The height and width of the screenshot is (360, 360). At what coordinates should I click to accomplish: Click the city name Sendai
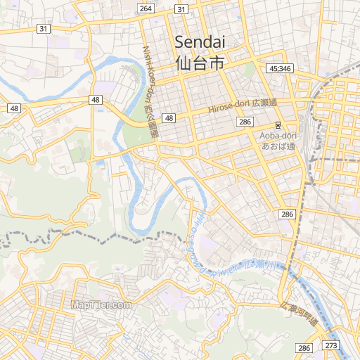[200, 41]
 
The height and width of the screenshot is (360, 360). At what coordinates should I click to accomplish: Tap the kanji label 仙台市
[200, 63]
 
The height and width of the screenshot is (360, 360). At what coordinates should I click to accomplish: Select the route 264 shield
[146, 8]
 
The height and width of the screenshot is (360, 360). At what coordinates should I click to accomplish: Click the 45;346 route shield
[280, 68]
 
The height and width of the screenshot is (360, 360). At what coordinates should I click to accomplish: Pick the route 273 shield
[331, 347]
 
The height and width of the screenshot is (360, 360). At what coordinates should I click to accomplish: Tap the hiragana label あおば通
[278, 146]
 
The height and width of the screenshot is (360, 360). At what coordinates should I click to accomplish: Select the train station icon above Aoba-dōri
[278, 125]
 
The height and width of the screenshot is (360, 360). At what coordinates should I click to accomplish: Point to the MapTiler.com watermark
[101, 304]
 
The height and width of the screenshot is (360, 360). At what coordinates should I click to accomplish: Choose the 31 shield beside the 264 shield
[181, 8]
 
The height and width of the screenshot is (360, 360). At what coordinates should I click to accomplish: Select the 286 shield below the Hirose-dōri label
[245, 122]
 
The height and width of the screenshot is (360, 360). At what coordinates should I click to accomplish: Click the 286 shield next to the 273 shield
[304, 348]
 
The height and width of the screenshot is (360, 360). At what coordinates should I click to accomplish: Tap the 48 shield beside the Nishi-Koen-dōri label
[169, 117]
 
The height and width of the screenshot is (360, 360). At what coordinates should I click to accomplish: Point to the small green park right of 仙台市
[247, 70]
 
